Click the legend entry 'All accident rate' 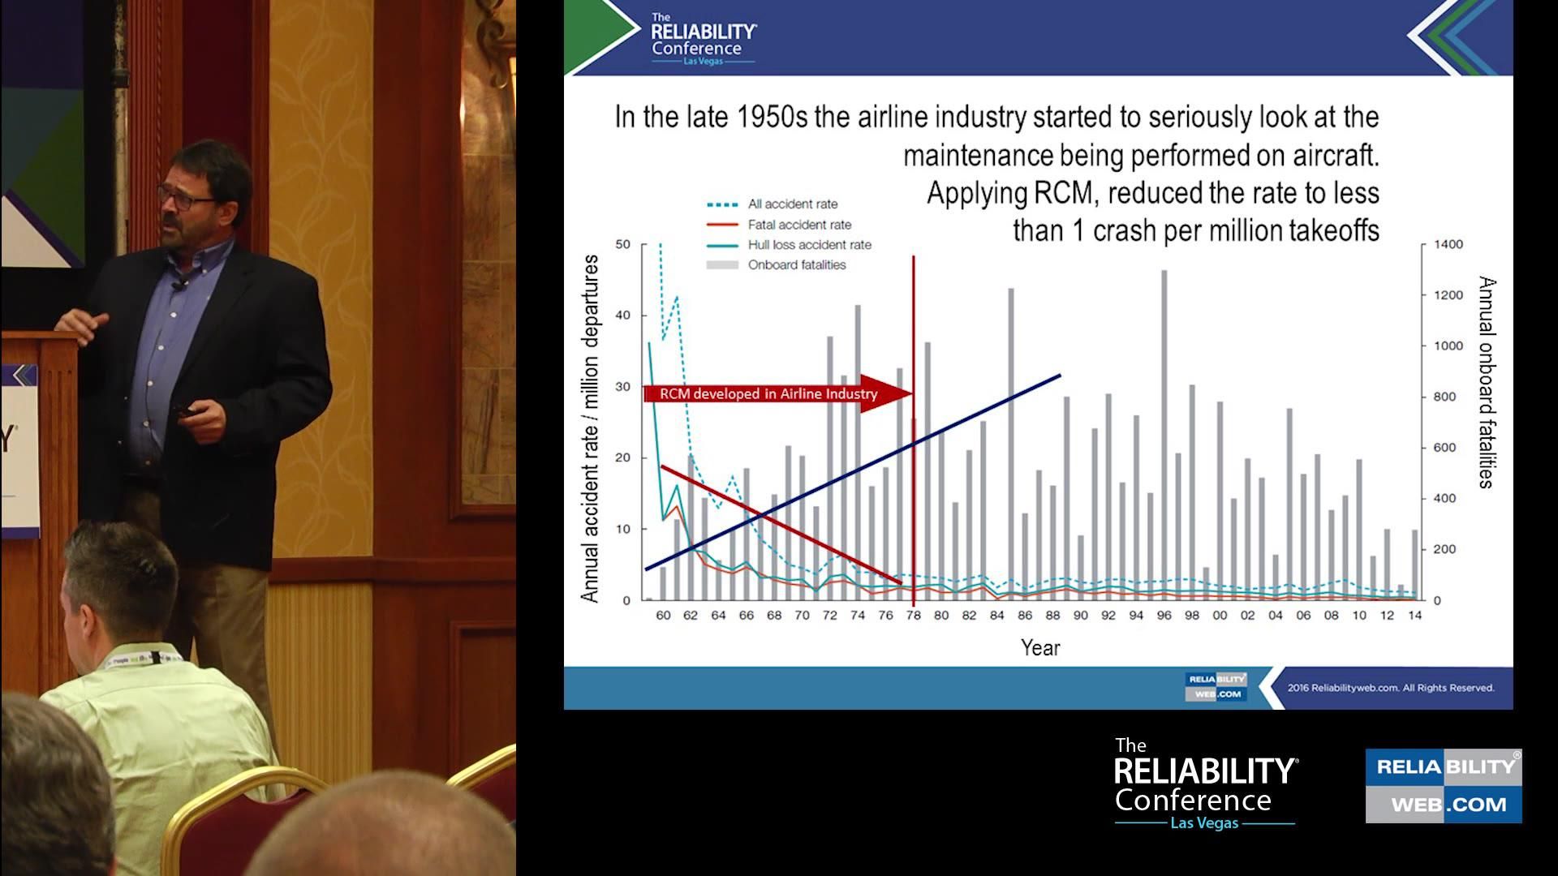(772, 204)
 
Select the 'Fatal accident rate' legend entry (779, 225)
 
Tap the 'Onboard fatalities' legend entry (776, 265)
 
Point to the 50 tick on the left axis (622, 244)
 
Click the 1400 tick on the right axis (1448, 244)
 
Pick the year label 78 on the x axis (914, 616)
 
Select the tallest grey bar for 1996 (1164, 436)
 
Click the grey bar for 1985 (1011, 444)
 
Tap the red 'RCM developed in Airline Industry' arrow (778, 394)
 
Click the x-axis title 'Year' (1040, 648)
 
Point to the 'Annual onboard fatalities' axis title (1486, 382)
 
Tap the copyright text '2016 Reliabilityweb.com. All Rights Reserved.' (1391, 688)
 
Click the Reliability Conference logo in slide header (704, 38)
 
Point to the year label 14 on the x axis (1414, 616)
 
